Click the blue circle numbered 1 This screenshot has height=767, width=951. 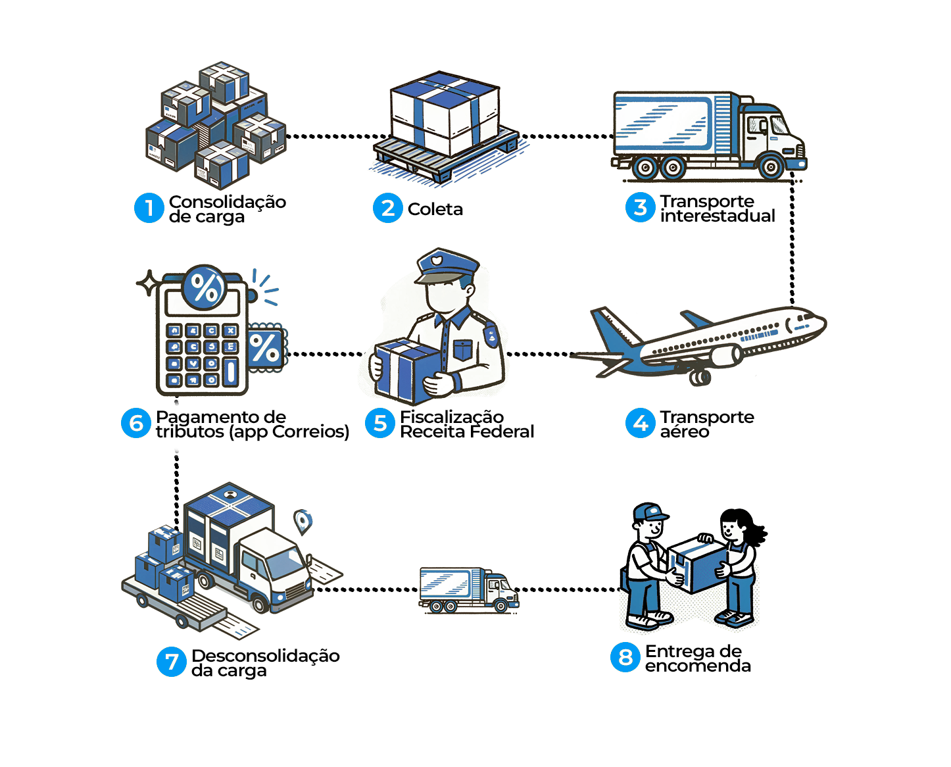(x=149, y=208)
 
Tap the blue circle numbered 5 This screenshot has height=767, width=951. (x=379, y=424)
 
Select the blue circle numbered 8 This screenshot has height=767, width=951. (x=625, y=657)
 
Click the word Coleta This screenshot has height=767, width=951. (x=435, y=209)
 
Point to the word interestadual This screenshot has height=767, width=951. (x=718, y=216)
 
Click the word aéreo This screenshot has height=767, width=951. (x=685, y=432)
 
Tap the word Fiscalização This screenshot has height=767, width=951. (x=452, y=417)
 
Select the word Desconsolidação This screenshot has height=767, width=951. (x=266, y=656)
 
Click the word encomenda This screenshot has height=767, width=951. (x=698, y=666)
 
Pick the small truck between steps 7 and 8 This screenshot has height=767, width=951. (x=468, y=589)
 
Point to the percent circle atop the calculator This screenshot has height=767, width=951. (x=205, y=287)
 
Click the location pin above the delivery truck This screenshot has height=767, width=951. (x=302, y=521)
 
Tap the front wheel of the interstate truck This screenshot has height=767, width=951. (x=770, y=167)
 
